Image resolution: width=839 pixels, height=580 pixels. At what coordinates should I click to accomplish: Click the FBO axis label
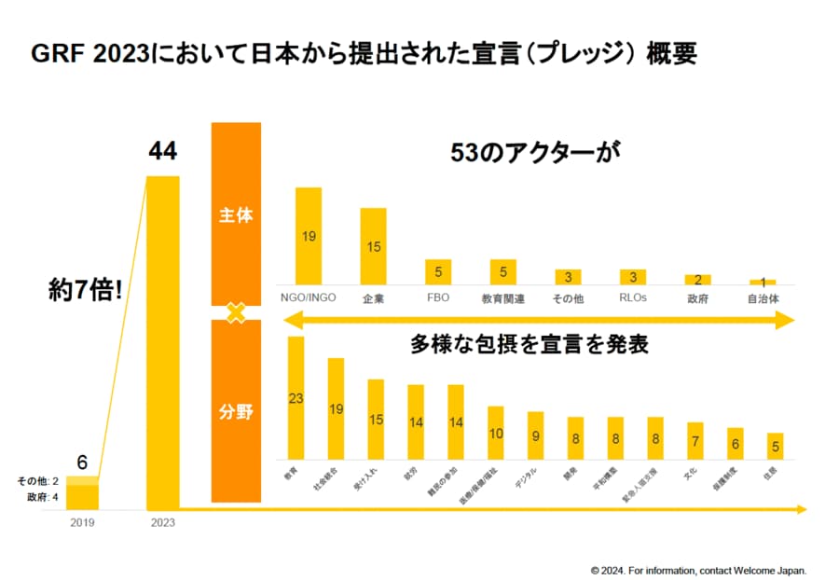click(x=438, y=298)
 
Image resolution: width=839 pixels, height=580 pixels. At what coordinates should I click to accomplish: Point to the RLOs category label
click(x=633, y=298)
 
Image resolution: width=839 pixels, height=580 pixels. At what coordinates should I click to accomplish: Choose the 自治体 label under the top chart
click(x=763, y=298)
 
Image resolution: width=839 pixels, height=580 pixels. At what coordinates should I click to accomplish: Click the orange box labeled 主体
click(x=236, y=214)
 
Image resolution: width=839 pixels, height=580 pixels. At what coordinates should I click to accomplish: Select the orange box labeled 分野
click(x=236, y=411)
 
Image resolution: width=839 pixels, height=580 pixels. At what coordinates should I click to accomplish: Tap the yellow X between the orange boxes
click(x=236, y=312)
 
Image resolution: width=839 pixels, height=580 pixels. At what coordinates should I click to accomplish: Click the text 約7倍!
click(x=86, y=290)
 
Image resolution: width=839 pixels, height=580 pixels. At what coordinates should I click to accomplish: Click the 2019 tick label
click(x=83, y=522)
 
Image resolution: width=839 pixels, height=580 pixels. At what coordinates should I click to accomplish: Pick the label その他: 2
click(x=38, y=481)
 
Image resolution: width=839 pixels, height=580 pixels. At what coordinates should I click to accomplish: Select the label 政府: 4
click(x=38, y=497)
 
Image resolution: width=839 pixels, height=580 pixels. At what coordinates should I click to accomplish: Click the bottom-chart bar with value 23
click(x=296, y=398)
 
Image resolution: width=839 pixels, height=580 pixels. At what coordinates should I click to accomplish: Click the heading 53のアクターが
click(x=534, y=151)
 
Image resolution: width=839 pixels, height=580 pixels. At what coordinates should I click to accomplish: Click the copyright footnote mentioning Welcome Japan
click(x=698, y=569)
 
